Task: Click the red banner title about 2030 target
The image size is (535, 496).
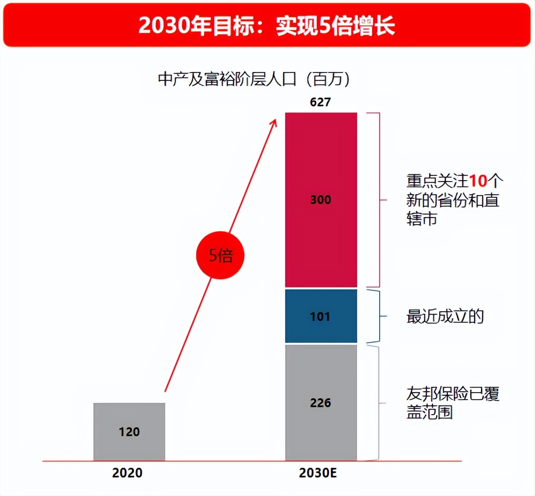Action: click(267, 26)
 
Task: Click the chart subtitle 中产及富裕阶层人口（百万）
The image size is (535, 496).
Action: click(254, 79)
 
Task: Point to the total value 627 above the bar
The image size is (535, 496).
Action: click(320, 102)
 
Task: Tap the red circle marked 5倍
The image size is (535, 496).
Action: click(220, 255)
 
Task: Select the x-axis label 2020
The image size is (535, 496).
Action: click(127, 473)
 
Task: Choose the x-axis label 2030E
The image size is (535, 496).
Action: click(318, 473)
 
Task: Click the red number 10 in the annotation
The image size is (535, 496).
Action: click(478, 181)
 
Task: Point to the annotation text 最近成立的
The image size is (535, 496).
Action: click(445, 316)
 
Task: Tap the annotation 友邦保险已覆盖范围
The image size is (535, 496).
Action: click(452, 403)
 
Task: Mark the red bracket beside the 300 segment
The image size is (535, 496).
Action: click(378, 200)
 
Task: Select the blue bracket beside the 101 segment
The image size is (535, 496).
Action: click(379, 316)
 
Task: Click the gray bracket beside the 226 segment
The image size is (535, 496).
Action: click(378, 403)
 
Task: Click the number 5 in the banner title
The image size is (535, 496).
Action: click(324, 26)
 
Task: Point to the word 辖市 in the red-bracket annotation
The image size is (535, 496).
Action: click(421, 219)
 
